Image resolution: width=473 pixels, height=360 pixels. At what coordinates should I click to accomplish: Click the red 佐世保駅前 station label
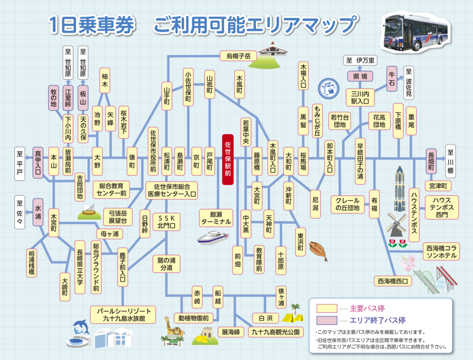[x=228, y=159]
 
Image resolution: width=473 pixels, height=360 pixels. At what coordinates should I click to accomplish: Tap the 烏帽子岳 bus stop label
[x=238, y=56]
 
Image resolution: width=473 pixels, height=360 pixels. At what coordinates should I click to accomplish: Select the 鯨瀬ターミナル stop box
[x=216, y=218]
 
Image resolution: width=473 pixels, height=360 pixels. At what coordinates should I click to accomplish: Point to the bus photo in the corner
[x=416, y=33]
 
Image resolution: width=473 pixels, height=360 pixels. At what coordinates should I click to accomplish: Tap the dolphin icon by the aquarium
[x=81, y=327]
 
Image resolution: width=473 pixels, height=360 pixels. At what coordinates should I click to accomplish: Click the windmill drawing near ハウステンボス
[x=396, y=224]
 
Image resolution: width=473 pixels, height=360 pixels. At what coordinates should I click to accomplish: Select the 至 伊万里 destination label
[x=360, y=60]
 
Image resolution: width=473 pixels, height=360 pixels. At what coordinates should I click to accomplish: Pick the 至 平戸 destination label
[x=19, y=164]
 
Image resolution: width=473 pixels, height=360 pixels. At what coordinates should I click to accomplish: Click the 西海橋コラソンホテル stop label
[x=441, y=252]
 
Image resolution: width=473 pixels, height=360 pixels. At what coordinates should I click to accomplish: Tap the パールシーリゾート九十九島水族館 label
[x=123, y=315]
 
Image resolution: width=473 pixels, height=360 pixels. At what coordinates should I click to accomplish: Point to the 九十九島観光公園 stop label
[x=275, y=332]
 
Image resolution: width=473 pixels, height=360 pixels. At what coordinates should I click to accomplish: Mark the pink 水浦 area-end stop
[x=38, y=212]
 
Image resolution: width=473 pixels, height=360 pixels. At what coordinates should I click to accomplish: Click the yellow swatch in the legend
[x=327, y=308]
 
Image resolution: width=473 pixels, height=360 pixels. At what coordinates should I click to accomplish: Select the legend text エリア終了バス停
[x=377, y=320]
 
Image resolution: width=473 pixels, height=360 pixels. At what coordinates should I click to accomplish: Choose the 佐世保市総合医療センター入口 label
[x=172, y=191]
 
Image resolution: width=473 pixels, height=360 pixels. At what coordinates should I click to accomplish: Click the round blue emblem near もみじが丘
[x=328, y=89]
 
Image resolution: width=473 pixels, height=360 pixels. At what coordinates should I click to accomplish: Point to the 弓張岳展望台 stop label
[x=118, y=217]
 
